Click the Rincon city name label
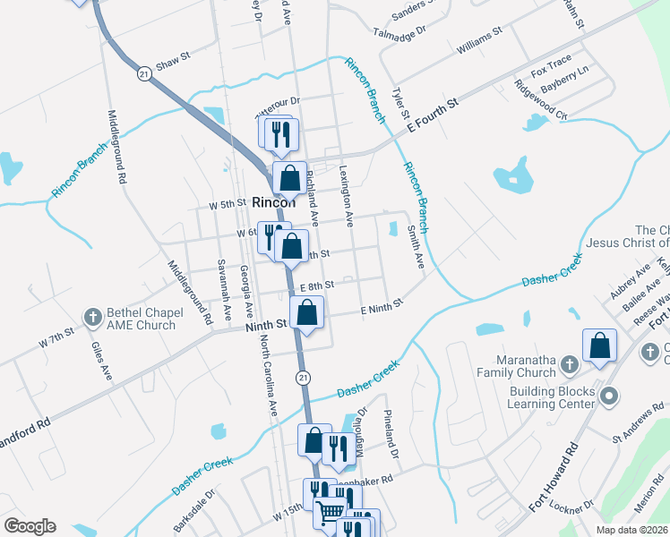273,202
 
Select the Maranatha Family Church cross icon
567,365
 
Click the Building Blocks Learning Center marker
608,395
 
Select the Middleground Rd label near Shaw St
116,147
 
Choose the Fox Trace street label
551,65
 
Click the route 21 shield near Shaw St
143,72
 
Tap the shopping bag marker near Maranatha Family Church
599,346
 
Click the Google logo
30,526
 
